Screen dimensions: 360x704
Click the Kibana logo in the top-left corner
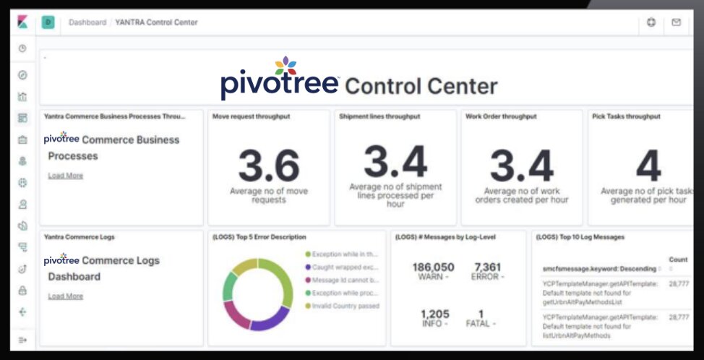[22, 22]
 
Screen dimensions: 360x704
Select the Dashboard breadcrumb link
[87, 22]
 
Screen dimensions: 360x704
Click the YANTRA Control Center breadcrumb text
[156, 22]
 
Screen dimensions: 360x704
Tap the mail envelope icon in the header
[676, 22]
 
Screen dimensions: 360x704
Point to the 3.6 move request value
[269, 166]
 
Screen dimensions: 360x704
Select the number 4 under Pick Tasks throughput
[648, 167]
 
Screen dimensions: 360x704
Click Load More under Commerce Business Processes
[65, 176]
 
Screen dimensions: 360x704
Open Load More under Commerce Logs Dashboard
[65, 296]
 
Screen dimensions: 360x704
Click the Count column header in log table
[678, 259]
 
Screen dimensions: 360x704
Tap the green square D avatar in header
[48, 22]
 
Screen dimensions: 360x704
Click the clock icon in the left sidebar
[22, 48]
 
